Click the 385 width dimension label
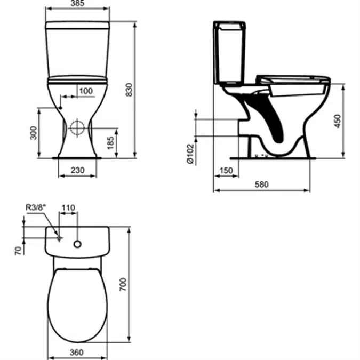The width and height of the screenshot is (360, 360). point(77,4)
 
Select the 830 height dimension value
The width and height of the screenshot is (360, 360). point(129,91)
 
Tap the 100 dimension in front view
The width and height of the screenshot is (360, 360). point(85,91)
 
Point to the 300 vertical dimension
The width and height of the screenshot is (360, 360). point(34,133)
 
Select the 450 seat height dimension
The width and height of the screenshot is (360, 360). point(336,122)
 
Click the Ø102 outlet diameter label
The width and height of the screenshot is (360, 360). point(189,154)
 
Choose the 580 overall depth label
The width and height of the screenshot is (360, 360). point(261,185)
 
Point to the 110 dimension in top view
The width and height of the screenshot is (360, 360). point(68,207)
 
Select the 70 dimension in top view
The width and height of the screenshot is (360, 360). point(18,249)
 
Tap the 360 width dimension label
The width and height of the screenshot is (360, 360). point(77,353)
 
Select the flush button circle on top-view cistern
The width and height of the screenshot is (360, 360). point(78,244)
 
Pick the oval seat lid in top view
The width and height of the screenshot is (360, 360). point(77,301)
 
